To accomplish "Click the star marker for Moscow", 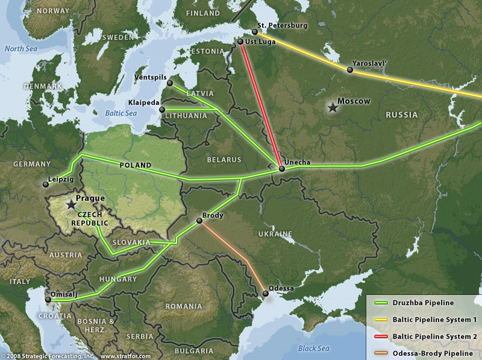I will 331,107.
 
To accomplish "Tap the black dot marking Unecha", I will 282,169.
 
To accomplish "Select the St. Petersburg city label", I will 281,26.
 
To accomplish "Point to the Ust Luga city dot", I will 240,42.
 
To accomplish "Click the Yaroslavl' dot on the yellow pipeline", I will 350,70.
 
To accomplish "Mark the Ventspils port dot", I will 170,83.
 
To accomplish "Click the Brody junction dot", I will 199,220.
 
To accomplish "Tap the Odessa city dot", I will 266,294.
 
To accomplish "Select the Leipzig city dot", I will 45,185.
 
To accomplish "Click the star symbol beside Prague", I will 72,206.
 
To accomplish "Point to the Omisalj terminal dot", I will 48,299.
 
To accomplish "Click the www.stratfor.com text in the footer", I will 125,356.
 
